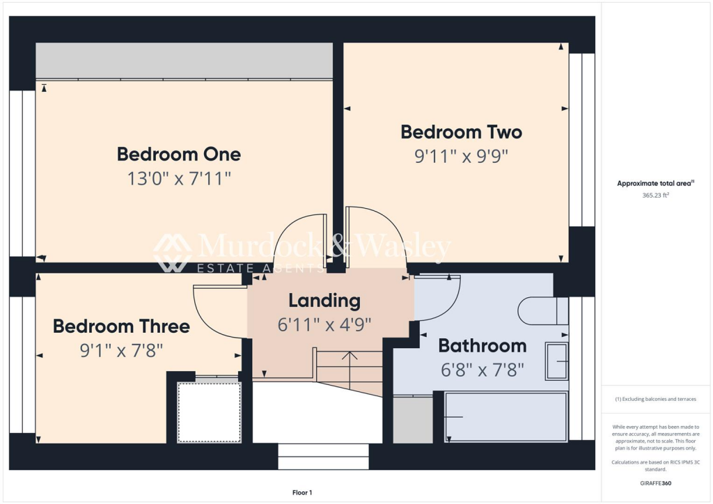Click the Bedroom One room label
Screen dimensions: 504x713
[179, 154]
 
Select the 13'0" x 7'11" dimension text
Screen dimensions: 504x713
[179, 179]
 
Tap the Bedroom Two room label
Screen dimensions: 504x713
[461, 132]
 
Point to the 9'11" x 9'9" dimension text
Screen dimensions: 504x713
[461, 156]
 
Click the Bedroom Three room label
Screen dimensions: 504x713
[121, 326]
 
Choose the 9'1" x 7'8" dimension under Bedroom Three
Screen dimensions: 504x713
[121, 350]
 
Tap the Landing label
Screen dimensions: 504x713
[324, 301]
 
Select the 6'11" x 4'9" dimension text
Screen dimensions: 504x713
[324, 324]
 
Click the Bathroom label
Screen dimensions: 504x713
[482, 345]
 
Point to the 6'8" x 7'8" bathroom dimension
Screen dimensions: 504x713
[482, 370]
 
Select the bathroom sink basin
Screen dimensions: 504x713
[556, 361]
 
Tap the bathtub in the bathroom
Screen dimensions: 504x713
[506, 416]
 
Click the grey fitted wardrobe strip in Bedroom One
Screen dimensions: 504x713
[184, 61]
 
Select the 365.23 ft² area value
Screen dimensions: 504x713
[655, 196]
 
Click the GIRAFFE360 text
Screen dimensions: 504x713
[655, 482]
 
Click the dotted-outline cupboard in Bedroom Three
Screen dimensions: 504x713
[209, 412]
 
